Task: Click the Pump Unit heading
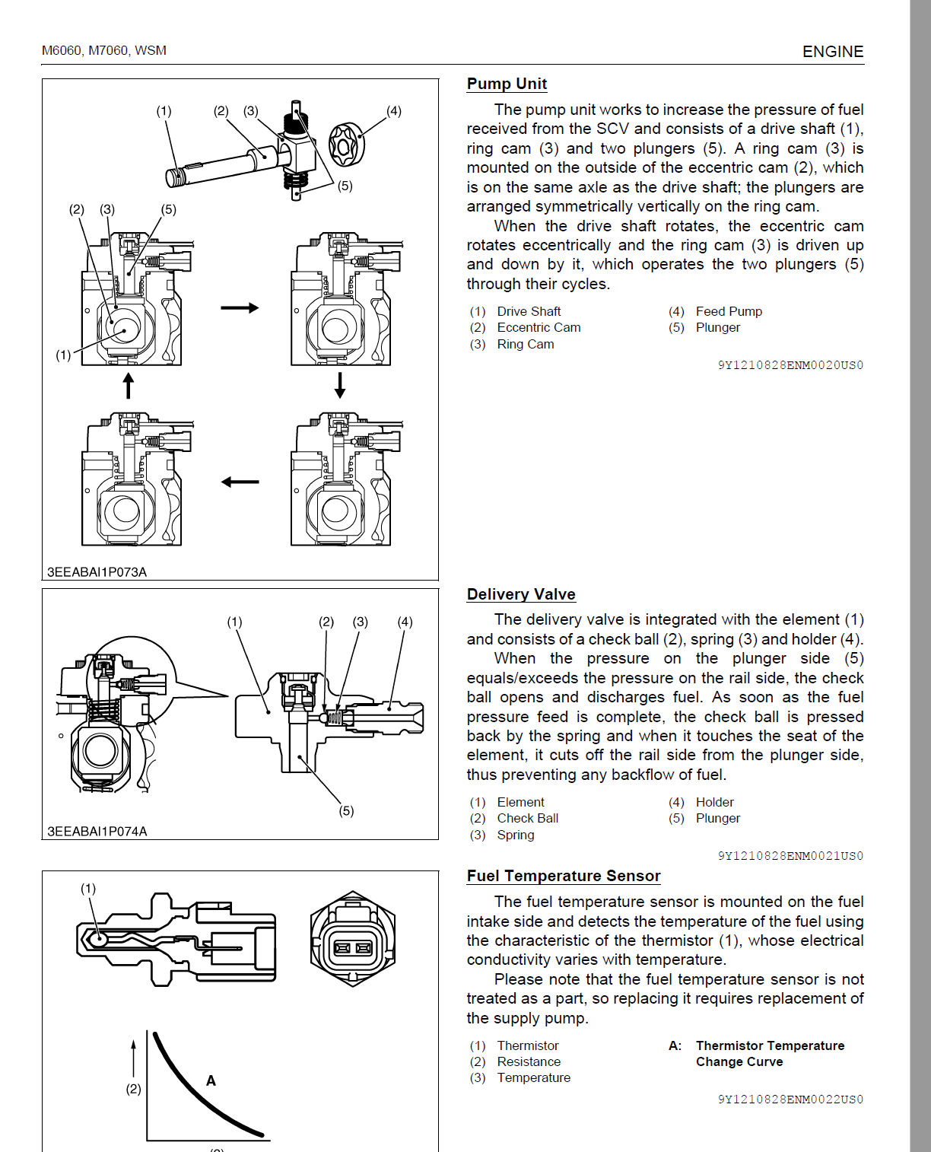click(x=507, y=84)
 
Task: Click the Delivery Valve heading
click(x=521, y=594)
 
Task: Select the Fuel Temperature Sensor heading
click(x=563, y=876)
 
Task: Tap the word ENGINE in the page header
click(x=833, y=52)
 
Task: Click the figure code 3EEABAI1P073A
click(x=97, y=572)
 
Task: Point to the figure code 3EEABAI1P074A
click(x=97, y=832)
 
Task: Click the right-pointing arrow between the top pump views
click(x=240, y=308)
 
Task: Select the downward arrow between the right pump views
click(x=340, y=385)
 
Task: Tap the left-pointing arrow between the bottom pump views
click(x=240, y=482)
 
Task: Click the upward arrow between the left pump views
click(x=129, y=385)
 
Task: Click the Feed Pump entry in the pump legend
click(x=728, y=311)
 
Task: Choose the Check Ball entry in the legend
click(x=527, y=818)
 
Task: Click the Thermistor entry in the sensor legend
click(x=527, y=1045)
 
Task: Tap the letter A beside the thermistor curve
click(x=211, y=1080)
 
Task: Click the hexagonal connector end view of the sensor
click(x=353, y=939)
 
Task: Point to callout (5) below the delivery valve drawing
click(x=346, y=811)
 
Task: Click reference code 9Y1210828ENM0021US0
click(x=790, y=856)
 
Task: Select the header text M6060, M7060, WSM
click(x=104, y=51)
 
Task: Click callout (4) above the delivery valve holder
click(x=405, y=622)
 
